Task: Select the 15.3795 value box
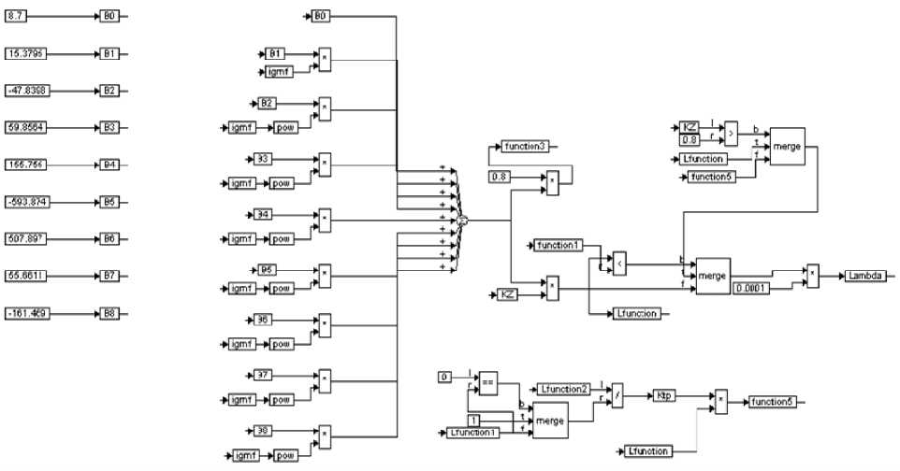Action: pyautogui.click(x=24, y=53)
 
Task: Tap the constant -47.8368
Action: pyautogui.click(x=24, y=91)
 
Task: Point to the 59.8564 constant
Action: pyautogui.click(x=24, y=127)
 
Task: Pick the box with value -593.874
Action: pyautogui.click(x=24, y=202)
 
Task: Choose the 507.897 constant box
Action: pyautogui.click(x=24, y=238)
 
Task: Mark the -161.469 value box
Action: pyautogui.click(x=24, y=313)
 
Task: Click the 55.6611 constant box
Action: pyautogui.click(x=24, y=276)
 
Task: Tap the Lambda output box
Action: pyautogui.click(x=866, y=276)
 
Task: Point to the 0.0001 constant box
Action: pyautogui.click(x=752, y=287)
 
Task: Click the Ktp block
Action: pyautogui.click(x=665, y=395)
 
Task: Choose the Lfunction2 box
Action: pyautogui.click(x=563, y=388)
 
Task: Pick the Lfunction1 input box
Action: pyautogui.click(x=472, y=432)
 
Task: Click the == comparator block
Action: pyautogui.click(x=487, y=381)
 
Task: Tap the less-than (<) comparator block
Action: pyautogui.click(x=618, y=265)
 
